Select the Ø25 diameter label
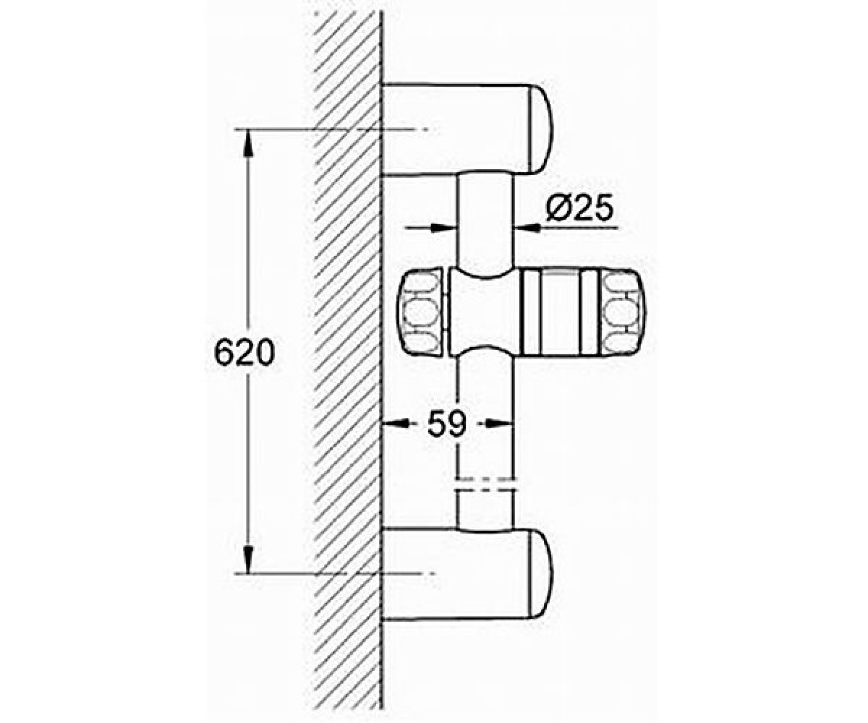pos(580,208)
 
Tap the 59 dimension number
pos(447,424)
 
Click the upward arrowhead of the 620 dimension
pos(248,143)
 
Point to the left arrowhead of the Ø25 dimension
pos(444,228)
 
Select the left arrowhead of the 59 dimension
pos(395,424)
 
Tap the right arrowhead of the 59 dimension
pos(501,424)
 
